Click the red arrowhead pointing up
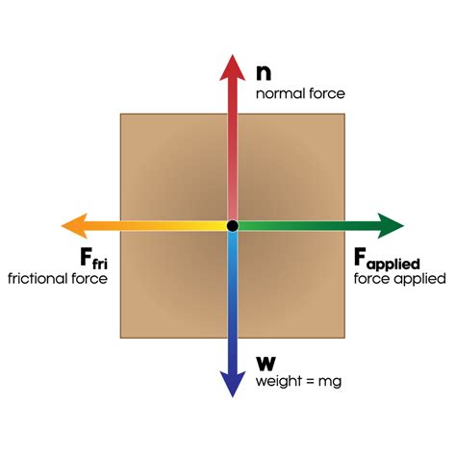(x=233, y=69)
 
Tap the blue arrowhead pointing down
(x=233, y=383)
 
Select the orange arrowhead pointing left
(x=75, y=226)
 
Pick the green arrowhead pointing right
(x=391, y=226)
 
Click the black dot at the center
(x=233, y=226)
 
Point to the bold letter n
(x=264, y=73)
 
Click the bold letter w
(x=266, y=364)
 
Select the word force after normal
(x=327, y=93)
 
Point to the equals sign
(x=309, y=382)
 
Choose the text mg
(x=330, y=383)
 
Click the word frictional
(x=38, y=278)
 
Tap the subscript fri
(x=100, y=264)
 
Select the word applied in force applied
(x=419, y=279)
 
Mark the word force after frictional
(x=89, y=278)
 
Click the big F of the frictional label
(x=86, y=257)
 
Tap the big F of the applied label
(x=360, y=257)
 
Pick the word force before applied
(x=372, y=278)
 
